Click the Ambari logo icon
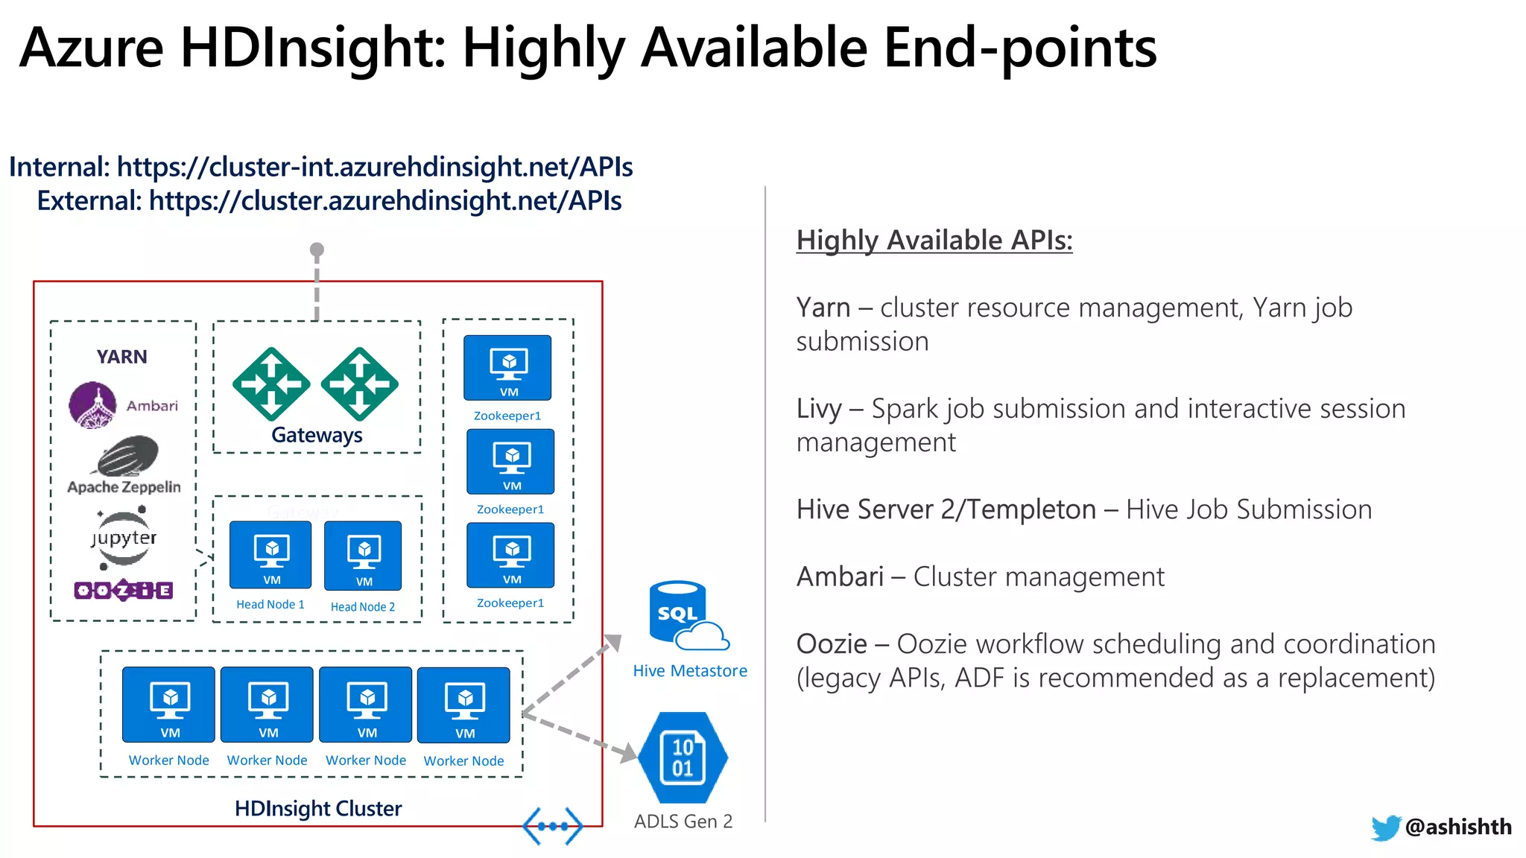[93, 405]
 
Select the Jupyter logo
[124, 538]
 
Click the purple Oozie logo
[124, 591]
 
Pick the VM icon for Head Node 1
[270, 555]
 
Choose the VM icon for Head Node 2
[364, 556]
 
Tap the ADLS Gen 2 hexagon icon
[683, 757]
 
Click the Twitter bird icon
[1386, 827]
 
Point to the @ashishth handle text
[1458, 827]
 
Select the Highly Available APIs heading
[934, 240]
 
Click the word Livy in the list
[819, 409]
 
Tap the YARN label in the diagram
[121, 357]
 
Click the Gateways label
[317, 435]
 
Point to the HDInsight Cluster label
[318, 808]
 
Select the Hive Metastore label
[690, 670]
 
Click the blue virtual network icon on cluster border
[552, 826]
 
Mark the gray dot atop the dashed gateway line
[317, 250]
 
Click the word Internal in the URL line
[60, 167]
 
